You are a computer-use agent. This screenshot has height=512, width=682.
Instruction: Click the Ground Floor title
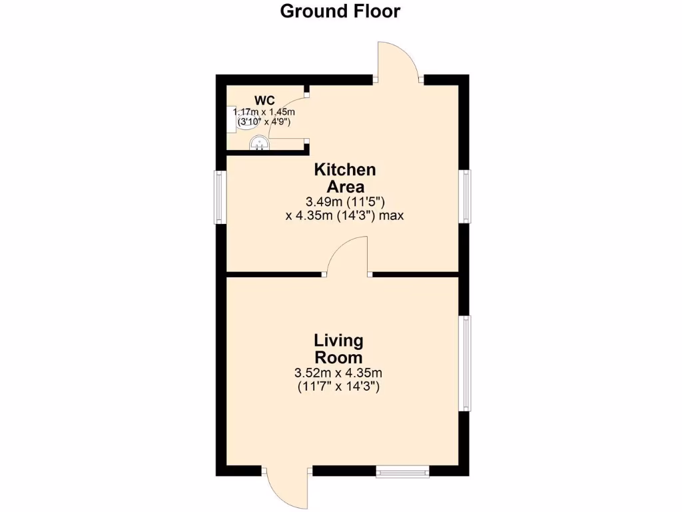tap(340, 11)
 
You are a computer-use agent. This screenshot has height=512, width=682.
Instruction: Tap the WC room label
tap(264, 101)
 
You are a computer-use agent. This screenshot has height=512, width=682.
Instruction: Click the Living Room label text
tap(339, 349)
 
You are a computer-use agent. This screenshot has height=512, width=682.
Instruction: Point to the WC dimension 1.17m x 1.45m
tap(264, 113)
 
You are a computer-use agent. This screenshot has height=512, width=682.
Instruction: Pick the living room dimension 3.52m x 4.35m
tap(338, 373)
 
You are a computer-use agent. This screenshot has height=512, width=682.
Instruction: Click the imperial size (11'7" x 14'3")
tap(338, 387)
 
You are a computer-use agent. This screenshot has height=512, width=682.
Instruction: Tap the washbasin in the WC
tap(258, 144)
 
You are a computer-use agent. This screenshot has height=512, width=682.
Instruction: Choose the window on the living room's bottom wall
tap(402, 471)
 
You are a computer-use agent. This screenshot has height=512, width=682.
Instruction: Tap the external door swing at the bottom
tap(286, 490)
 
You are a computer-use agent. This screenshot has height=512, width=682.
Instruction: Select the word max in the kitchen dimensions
tap(392, 215)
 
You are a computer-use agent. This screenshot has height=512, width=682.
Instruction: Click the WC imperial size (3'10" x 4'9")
tap(264, 123)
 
